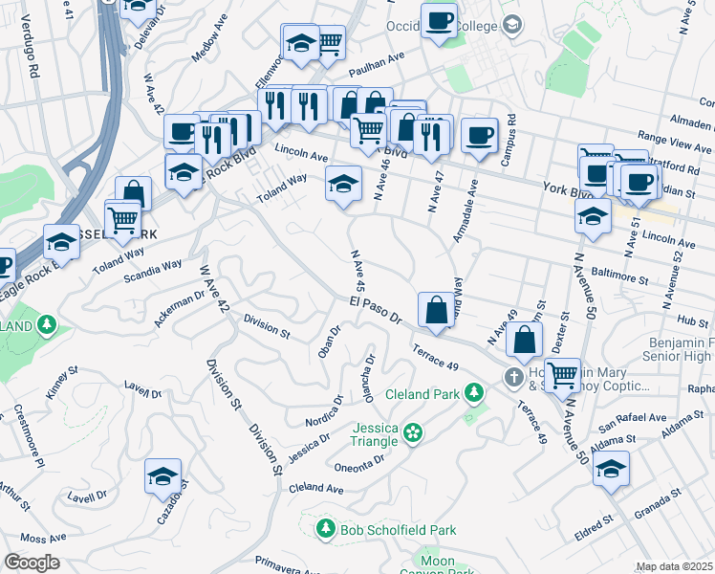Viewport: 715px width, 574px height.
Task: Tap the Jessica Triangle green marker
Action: click(412, 433)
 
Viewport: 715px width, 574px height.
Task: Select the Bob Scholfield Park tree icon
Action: click(325, 529)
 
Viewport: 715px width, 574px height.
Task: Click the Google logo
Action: click(32, 563)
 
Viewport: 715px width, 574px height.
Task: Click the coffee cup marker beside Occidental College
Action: click(440, 22)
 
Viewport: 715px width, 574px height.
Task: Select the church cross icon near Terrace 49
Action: click(513, 377)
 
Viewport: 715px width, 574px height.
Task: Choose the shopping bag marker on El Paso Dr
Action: click(436, 311)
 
